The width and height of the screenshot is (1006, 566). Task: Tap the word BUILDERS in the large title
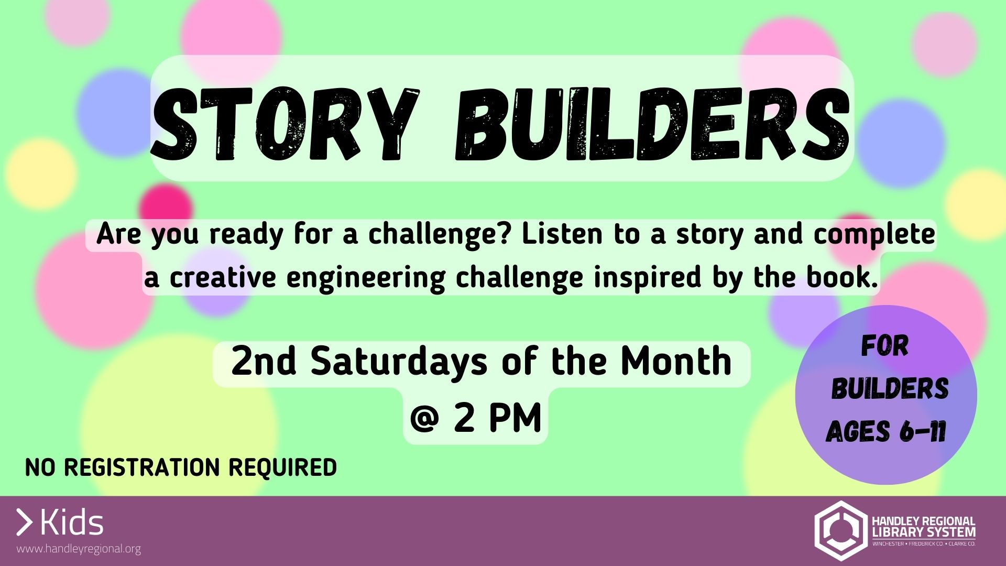click(x=652, y=124)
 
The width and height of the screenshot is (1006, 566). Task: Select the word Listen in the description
click(x=562, y=234)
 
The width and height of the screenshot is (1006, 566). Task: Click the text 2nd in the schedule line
click(x=264, y=361)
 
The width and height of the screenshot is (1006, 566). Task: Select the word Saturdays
click(x=399, y=362)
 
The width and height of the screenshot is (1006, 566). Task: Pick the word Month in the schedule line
click(x=676, y=361)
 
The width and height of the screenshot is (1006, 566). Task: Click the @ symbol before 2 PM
click(x=424, y=419)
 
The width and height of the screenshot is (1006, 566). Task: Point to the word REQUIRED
click(x=282, y=467)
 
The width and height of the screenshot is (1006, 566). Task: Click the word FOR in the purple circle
click(x=885, y=346)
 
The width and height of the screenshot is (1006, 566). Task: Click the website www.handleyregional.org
click(x=79, y=549)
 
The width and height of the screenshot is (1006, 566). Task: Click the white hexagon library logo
click(x=840, y=530)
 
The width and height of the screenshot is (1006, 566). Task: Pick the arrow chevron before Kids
click(x=24, y=523)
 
